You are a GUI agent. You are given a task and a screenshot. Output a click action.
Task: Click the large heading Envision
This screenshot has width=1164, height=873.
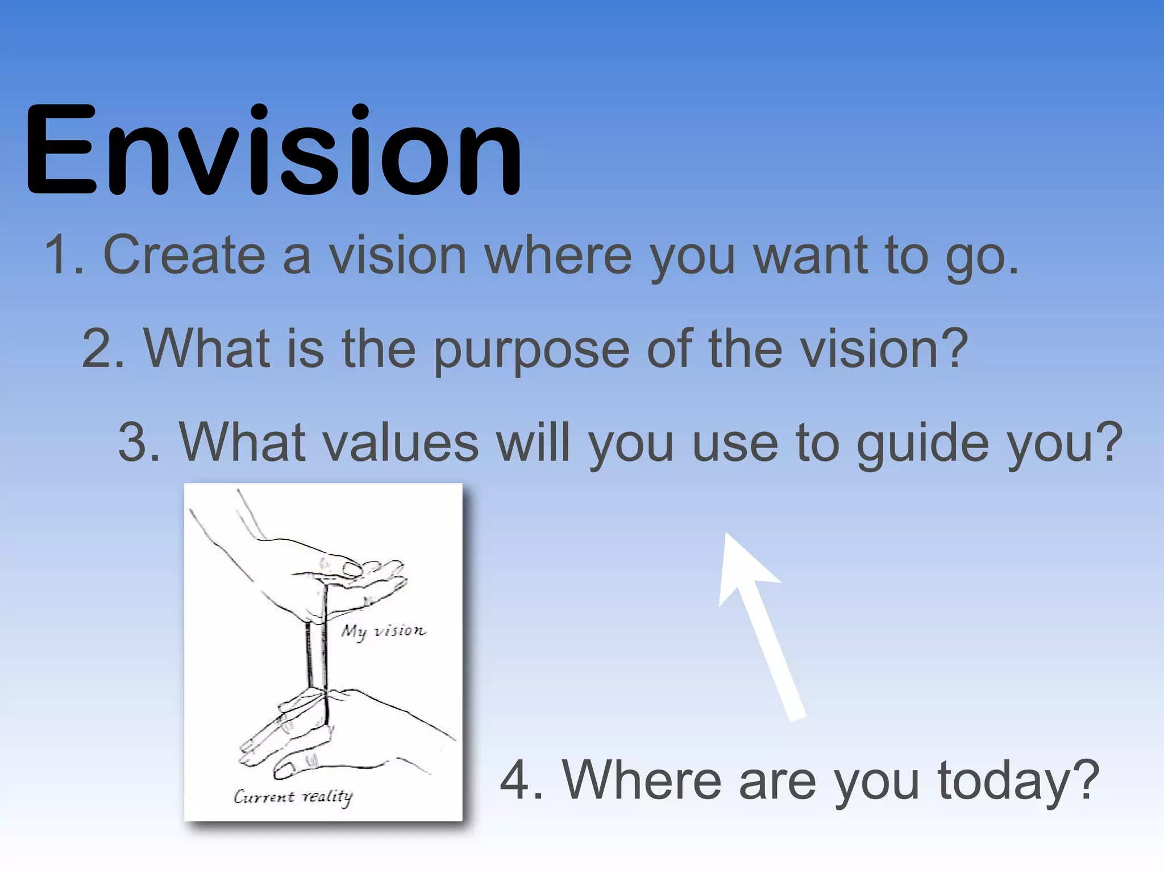tap(273, 151)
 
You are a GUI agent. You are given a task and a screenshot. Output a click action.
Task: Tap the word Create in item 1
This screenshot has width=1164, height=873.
tap(184, 255)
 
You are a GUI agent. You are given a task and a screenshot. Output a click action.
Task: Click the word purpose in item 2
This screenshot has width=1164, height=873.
tap(531, 349)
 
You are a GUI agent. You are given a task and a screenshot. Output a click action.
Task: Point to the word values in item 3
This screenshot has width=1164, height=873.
tap(401, 443)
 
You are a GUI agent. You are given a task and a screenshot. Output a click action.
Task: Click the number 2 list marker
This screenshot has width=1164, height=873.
tap(100, 349)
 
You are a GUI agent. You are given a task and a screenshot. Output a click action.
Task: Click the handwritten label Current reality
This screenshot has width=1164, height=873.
tap(293, 796)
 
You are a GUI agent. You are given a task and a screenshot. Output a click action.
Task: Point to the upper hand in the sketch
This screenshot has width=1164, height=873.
tap(318, 574)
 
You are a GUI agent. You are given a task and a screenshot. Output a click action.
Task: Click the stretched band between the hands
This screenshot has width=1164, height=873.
tap(317, 654)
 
